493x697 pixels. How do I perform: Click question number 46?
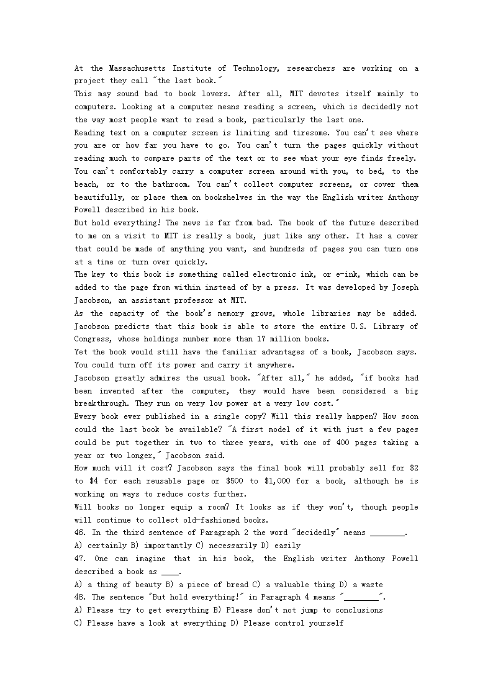(81, 533)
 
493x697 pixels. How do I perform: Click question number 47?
(81, 559)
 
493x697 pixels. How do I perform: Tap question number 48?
(81, 597)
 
